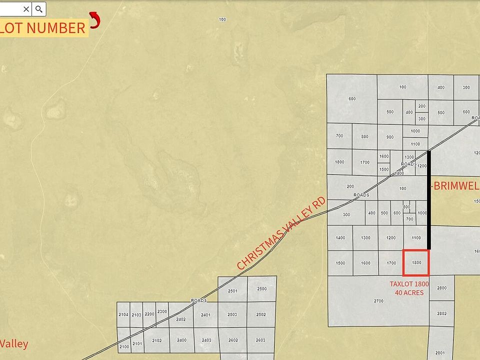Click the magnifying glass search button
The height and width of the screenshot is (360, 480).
click(x=39, y=9)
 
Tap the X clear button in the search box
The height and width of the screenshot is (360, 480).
click(x=26, y=9)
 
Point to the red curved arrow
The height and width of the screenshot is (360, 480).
click(x=94, y=20)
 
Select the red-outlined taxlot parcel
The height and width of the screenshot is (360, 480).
click(x=416, y=262)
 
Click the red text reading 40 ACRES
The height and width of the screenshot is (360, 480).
click(x=409, y=292)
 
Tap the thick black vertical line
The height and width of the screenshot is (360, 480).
click(x=429, y=200)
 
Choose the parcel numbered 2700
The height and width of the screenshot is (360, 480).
click(x=378, y=301)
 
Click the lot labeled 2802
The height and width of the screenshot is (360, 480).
click(x=441, y=313)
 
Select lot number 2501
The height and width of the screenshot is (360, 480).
click(x=232, y=290)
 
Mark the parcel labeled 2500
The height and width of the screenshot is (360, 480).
click(x=261, y=289)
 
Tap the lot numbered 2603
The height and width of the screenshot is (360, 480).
click(x=260, y=340)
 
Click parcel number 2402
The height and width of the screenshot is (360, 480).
click(x=181, y=319)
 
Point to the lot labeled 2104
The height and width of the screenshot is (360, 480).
click(x=123, y=314)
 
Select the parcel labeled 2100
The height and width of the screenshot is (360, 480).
click(x=124, y=346)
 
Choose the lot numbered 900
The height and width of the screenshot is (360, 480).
click(x=390, y=137)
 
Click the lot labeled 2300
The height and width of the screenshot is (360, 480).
click(x=162, y=312)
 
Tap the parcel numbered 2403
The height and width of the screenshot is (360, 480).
click(x=206, y=340)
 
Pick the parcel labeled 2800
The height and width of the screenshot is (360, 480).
click(x=441, y=288)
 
